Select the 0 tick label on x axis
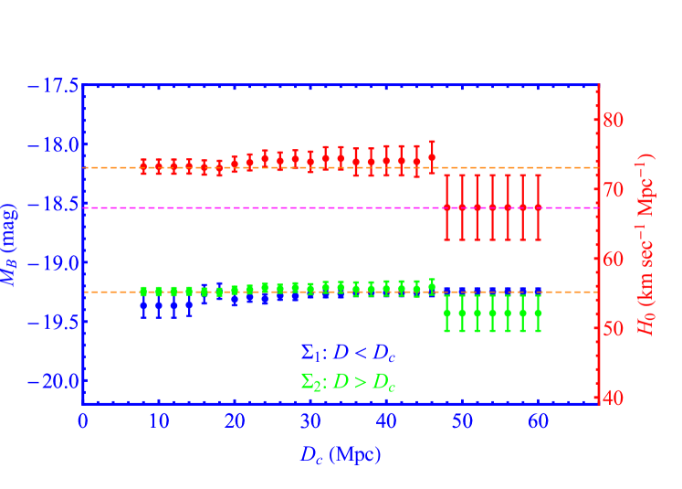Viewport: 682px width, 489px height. click(x=83, y=422)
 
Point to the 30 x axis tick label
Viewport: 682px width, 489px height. click(x=310, y=422)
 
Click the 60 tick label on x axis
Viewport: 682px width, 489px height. click(x=538, y=422)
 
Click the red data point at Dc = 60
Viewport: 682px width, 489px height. click(x=538, y=207)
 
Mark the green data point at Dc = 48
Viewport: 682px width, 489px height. click(x=447, y=313)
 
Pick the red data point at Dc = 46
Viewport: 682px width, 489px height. click(x=432, y=157)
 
